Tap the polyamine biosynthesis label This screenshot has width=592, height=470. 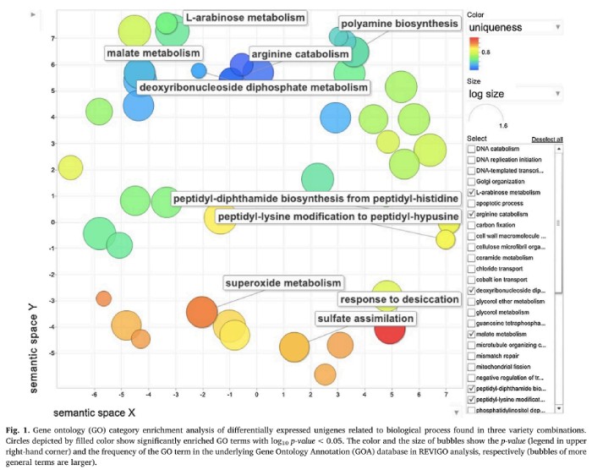point(399,24)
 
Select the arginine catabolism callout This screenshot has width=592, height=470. point(299,54)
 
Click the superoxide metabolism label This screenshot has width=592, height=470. point(283,282)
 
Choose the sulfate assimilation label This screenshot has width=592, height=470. point(365,319)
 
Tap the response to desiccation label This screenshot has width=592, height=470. point(399,300)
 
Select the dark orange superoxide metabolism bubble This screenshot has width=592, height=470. point(202,311)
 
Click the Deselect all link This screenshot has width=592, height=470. point(546,139)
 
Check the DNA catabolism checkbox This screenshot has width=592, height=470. point(471,149)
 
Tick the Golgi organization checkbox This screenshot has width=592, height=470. point(471,182)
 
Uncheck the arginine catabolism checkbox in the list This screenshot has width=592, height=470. point(471,215)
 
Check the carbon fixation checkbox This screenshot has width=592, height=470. point(471,226)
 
